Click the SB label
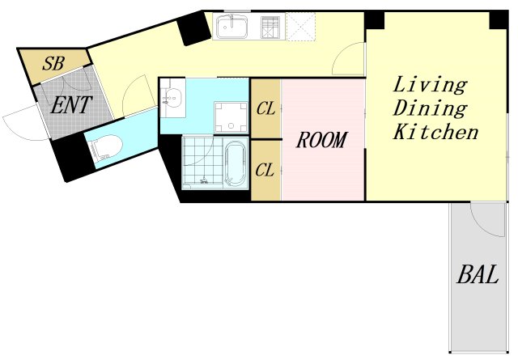(x=53, y=64)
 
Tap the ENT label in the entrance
(x=70, y=105)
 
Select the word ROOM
(x=321, y=140)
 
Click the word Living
(x=430, y=85)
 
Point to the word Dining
(x=430, y=108)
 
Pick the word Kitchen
(x=435, y=131)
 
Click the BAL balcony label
(x=478, y=274)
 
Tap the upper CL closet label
(x=265, y=108)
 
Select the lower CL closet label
(x=265, y=170)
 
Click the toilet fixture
(x=105, y=148)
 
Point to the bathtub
(x=236, y=164)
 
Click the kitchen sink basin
(x=231, y=27)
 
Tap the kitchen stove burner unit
(x=270, y=27)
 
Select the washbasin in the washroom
(x=172, y=99)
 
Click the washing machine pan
(x=231, y=117)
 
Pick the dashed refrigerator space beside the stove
(x=300, y=27)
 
